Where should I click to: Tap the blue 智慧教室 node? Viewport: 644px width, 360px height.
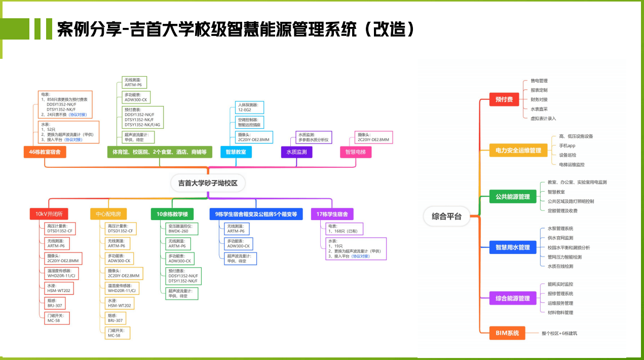(236, 152)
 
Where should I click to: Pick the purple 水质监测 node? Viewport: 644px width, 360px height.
(297, 152)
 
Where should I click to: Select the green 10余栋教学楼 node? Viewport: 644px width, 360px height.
(172, 214)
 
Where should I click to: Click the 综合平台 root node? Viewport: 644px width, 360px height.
(446, 216)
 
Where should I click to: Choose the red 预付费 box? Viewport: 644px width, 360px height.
(504, 99)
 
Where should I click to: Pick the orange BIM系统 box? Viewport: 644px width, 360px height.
(507, 333)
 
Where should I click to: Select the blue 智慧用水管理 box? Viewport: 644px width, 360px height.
(512, 247)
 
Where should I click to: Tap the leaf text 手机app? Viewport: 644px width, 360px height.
(567, 146)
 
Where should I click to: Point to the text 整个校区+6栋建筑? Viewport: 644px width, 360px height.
(559, 333)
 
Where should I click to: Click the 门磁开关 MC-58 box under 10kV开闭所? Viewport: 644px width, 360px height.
(56, 318)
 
